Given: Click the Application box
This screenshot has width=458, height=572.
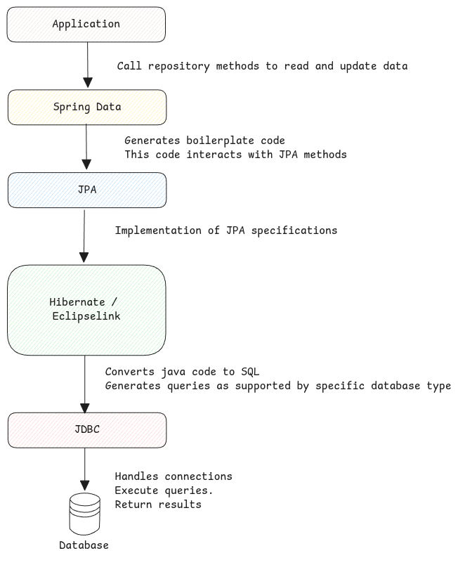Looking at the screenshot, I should pos(86,25).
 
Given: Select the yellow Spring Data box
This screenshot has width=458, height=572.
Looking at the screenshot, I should pos(87,107).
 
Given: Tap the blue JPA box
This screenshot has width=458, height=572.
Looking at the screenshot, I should pos(87,190).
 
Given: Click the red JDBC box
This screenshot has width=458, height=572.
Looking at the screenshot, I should pos(87,430).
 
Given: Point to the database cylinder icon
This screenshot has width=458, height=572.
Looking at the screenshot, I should pos(85,514).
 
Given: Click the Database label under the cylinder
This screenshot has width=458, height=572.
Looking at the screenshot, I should pos(84,545).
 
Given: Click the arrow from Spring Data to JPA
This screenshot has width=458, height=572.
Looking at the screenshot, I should pos(86,148).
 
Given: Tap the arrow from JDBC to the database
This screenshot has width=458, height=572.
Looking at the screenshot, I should pos(85,469).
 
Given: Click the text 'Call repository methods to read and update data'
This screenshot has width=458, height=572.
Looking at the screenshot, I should pos(262,66).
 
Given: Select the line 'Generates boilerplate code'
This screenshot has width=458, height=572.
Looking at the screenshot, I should pos(204,141).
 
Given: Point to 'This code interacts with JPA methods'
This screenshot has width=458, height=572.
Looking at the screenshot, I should pos(235,154).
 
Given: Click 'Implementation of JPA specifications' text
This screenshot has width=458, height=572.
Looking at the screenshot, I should pos(225,230).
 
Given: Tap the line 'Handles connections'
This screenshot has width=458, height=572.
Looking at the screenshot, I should pos(173,476).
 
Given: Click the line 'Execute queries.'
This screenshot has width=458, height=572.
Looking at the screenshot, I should pos(164,490).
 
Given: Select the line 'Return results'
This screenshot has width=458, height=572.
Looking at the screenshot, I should pos(158,505).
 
